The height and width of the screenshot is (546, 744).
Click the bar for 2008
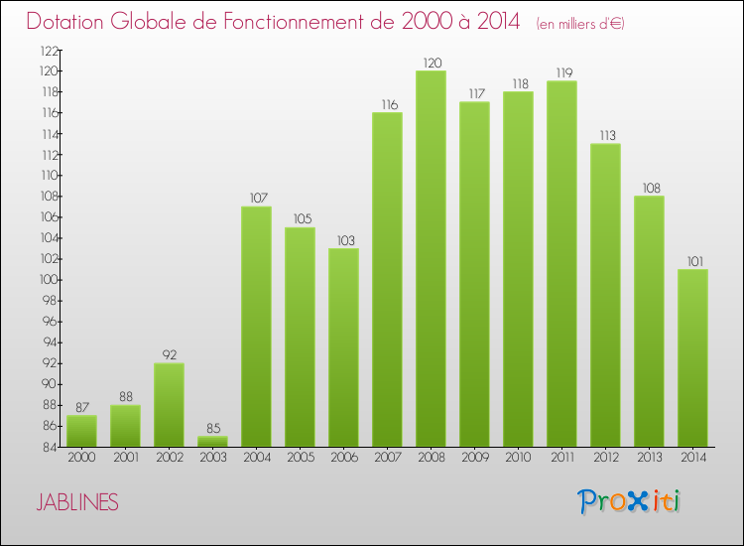431,258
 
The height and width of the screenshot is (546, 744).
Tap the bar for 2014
692,357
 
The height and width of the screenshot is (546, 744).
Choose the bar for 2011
561,263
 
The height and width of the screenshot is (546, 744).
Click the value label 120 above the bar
431,63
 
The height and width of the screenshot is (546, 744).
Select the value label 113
605,136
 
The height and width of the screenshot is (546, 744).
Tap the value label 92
169,355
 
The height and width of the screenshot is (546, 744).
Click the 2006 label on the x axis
343,458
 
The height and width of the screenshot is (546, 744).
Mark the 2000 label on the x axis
81,458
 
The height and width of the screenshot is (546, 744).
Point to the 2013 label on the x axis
649,458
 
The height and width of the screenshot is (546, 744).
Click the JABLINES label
77,503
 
